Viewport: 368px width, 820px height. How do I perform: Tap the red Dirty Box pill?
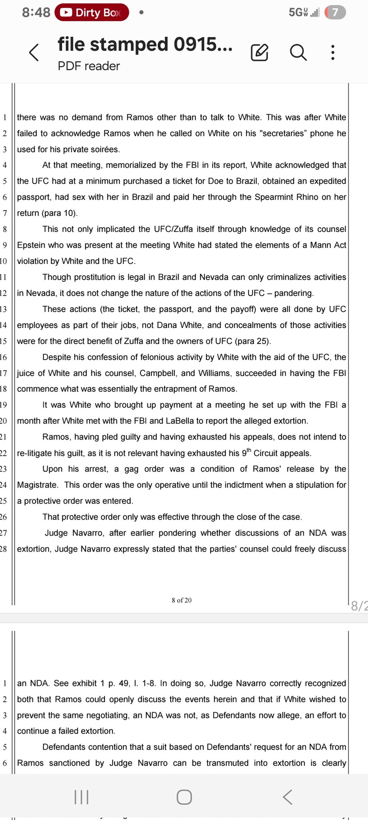pyautogui.click(x=92, y=12)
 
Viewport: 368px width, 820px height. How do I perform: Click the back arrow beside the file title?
pyautogui.click(x=34, y=52)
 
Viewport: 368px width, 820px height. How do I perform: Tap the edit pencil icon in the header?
pyautogui.click(x=259, y=52)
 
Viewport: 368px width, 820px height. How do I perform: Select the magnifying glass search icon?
pyautogui.click(x=298, y=52)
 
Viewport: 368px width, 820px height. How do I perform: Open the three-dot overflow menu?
pyautogui.click(x=332, y=52)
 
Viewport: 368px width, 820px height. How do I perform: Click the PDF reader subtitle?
pyautogui.click(x=88, y=66)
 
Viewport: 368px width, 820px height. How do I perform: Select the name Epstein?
pyautogui.click(x=31, y=245)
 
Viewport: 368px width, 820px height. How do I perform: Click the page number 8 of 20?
pyautogui.click(x=181, y=600)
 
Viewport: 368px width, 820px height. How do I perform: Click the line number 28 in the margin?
pyautogui.click(x=4, y=549)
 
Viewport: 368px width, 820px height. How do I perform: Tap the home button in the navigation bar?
pyautogui.click(x=184, y=797)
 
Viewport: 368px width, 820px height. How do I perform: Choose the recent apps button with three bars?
pyautogui.click(x=81, y=797)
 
